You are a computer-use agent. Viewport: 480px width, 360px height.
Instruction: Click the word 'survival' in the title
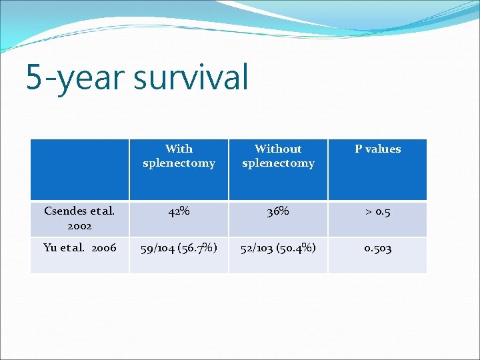click(x=191, y=77)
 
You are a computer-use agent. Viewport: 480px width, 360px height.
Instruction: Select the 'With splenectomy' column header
click(x=179, y=156)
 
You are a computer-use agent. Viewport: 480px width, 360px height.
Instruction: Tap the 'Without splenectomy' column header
click(x=278, y=156)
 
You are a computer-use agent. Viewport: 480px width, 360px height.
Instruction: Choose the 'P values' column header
click(x=377, y=149)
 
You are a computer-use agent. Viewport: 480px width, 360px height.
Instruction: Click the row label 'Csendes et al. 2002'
click(x=79, y=219)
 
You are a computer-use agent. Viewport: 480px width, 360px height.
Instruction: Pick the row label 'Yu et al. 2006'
click(x=79, y=248)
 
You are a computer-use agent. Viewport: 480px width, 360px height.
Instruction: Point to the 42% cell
click(x=179, y=212)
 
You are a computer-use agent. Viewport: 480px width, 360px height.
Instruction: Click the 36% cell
click(x=278, y=212)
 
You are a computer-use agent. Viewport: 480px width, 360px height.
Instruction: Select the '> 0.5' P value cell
click(x=377, y=212)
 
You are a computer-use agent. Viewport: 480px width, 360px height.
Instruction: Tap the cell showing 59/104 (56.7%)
click(x=179, y=248)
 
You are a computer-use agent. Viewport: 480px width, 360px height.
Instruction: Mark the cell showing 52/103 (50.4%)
click(x=278, y=248)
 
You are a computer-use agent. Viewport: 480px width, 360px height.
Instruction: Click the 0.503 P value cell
click(x=377, y=248)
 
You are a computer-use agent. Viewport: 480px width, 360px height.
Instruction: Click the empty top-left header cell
click(x=79, y=170)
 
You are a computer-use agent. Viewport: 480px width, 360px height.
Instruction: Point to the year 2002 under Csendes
click(x=79, y=226)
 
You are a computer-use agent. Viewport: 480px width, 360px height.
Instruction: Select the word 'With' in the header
click(x=179, y=149)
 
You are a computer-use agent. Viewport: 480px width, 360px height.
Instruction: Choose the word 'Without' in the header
click(x=278, y=149)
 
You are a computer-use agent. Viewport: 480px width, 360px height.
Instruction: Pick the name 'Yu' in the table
click(x=51, y=248)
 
